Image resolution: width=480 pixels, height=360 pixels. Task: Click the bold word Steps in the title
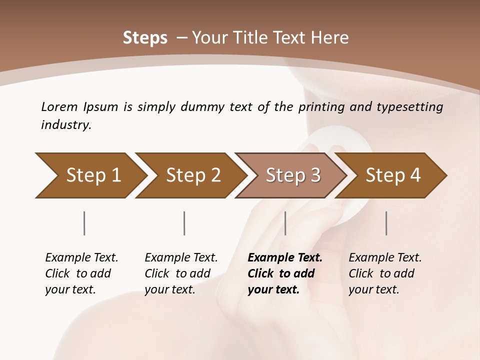[145, 38]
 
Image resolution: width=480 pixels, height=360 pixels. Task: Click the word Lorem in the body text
[59, 106]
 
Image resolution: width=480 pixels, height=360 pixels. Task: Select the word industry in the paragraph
[65, 125]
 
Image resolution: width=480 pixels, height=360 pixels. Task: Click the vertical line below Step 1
[84, 223]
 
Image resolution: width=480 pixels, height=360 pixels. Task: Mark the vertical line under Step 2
[184, 223]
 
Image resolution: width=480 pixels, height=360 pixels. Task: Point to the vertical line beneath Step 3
[285, 223]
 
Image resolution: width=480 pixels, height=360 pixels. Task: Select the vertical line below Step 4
[386, 223]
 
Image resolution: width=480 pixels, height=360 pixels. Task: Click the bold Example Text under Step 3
[285, 258]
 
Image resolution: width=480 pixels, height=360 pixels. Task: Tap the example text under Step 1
[81, 273]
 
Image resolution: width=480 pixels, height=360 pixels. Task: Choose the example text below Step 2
[181, 273]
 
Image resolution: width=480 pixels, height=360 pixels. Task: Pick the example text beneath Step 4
[385, 273]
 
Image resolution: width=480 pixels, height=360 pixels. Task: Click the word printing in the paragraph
[321, 106]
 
